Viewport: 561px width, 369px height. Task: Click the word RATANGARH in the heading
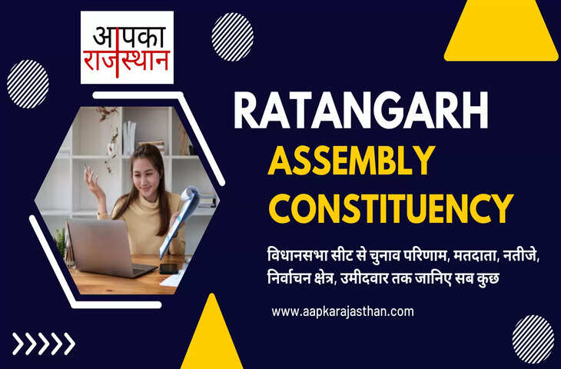pos(361,111)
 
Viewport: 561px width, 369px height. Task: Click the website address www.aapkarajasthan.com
pos(343,311)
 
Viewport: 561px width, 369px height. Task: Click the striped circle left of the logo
pos(28,84)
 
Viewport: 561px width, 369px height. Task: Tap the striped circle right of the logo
pos(232,36)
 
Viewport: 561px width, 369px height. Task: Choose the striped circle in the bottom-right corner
pos(533,338)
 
